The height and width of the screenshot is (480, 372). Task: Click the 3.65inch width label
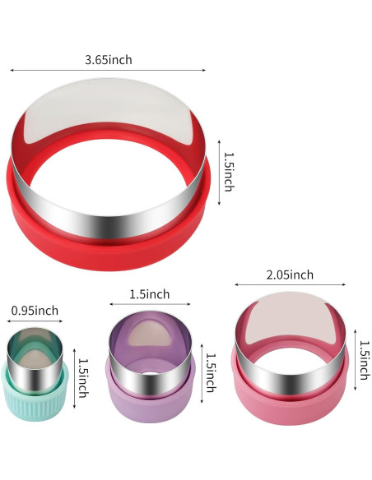click(109, 60)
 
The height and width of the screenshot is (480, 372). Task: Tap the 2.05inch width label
click(290, 275)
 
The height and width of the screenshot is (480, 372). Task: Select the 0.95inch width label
click(35, 311)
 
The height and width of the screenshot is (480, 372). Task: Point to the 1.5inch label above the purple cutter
click(150, 294)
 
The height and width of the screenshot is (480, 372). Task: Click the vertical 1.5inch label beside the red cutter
click(229, 172)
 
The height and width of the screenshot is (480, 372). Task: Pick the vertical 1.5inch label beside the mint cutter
click(83, 378)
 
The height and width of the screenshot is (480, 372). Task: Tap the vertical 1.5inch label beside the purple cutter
click(211, 372)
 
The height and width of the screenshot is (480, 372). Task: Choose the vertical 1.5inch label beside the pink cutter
click(364, 360)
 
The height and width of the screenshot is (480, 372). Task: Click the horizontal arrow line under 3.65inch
click(108, 70)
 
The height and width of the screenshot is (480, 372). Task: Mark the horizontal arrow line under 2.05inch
click(291, 284)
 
